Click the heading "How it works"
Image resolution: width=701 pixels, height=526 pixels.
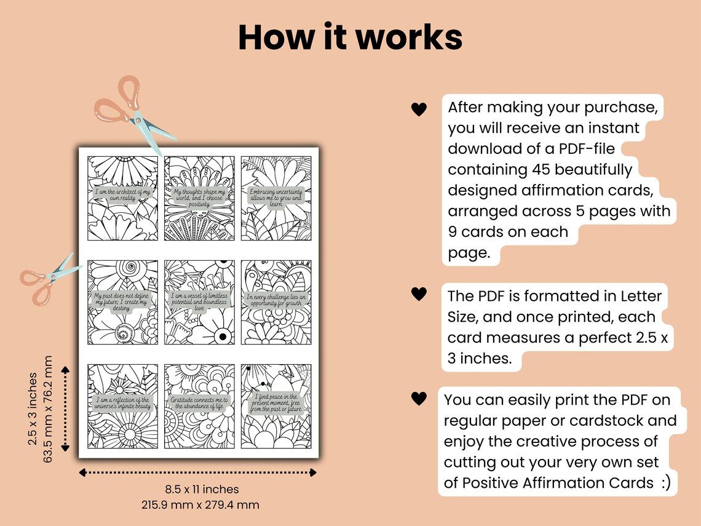[x=350, y=38]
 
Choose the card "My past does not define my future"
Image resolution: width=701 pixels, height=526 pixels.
[x=122, y=302]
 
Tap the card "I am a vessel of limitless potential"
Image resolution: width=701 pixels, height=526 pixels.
[x=199, y=302]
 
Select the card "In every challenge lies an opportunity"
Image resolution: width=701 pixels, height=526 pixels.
[x=275, y=302]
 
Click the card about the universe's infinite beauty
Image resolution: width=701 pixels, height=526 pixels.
[x=122, y=406]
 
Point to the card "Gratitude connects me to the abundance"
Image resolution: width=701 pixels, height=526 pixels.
[x=199, y=406]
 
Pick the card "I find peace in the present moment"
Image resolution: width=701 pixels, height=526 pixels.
[x=275, y=406]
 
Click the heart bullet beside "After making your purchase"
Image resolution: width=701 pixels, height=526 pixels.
[x=419, y=110]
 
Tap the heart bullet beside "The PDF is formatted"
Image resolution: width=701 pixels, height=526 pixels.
[x=419, y=294]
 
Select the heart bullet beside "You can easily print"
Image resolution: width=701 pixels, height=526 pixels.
[x=419, y=399]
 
